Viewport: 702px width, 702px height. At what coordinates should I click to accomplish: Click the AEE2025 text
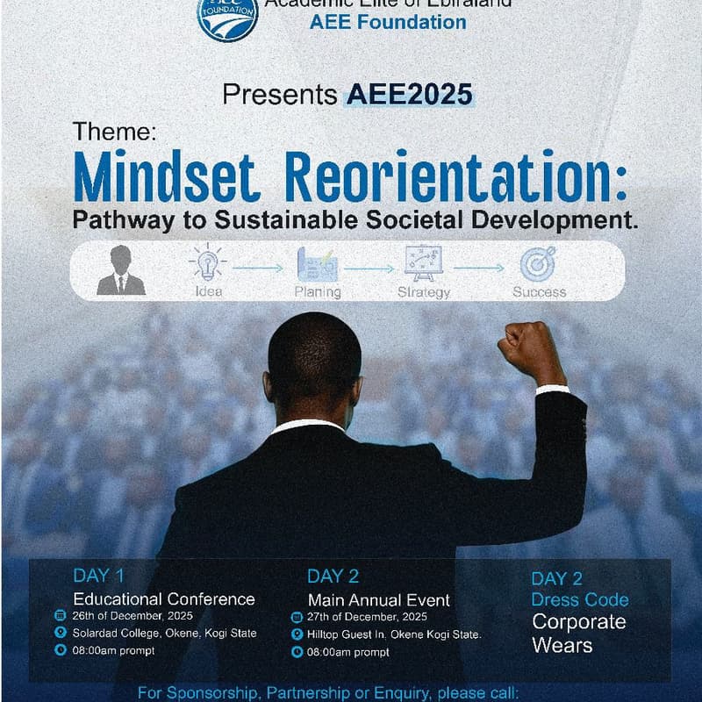coord(409,94)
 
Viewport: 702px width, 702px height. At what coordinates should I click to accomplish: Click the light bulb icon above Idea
coord(208,262)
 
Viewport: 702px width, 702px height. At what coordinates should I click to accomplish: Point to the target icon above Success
coord(537,263)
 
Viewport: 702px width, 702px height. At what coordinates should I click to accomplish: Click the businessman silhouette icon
coord(121,270)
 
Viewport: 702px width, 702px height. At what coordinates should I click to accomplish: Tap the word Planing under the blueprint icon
coord(319,292)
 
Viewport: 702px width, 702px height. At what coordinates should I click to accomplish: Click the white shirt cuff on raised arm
coord(553,389)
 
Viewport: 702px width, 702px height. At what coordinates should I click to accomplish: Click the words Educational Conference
coord(164,599)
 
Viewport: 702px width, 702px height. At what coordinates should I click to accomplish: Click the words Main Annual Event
coord(378,600)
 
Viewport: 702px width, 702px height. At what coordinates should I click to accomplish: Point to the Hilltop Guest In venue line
coord(394,634)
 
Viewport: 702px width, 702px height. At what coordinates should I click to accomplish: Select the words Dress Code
coord(580,600)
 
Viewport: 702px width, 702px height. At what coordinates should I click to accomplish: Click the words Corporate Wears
coord(578,634)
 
